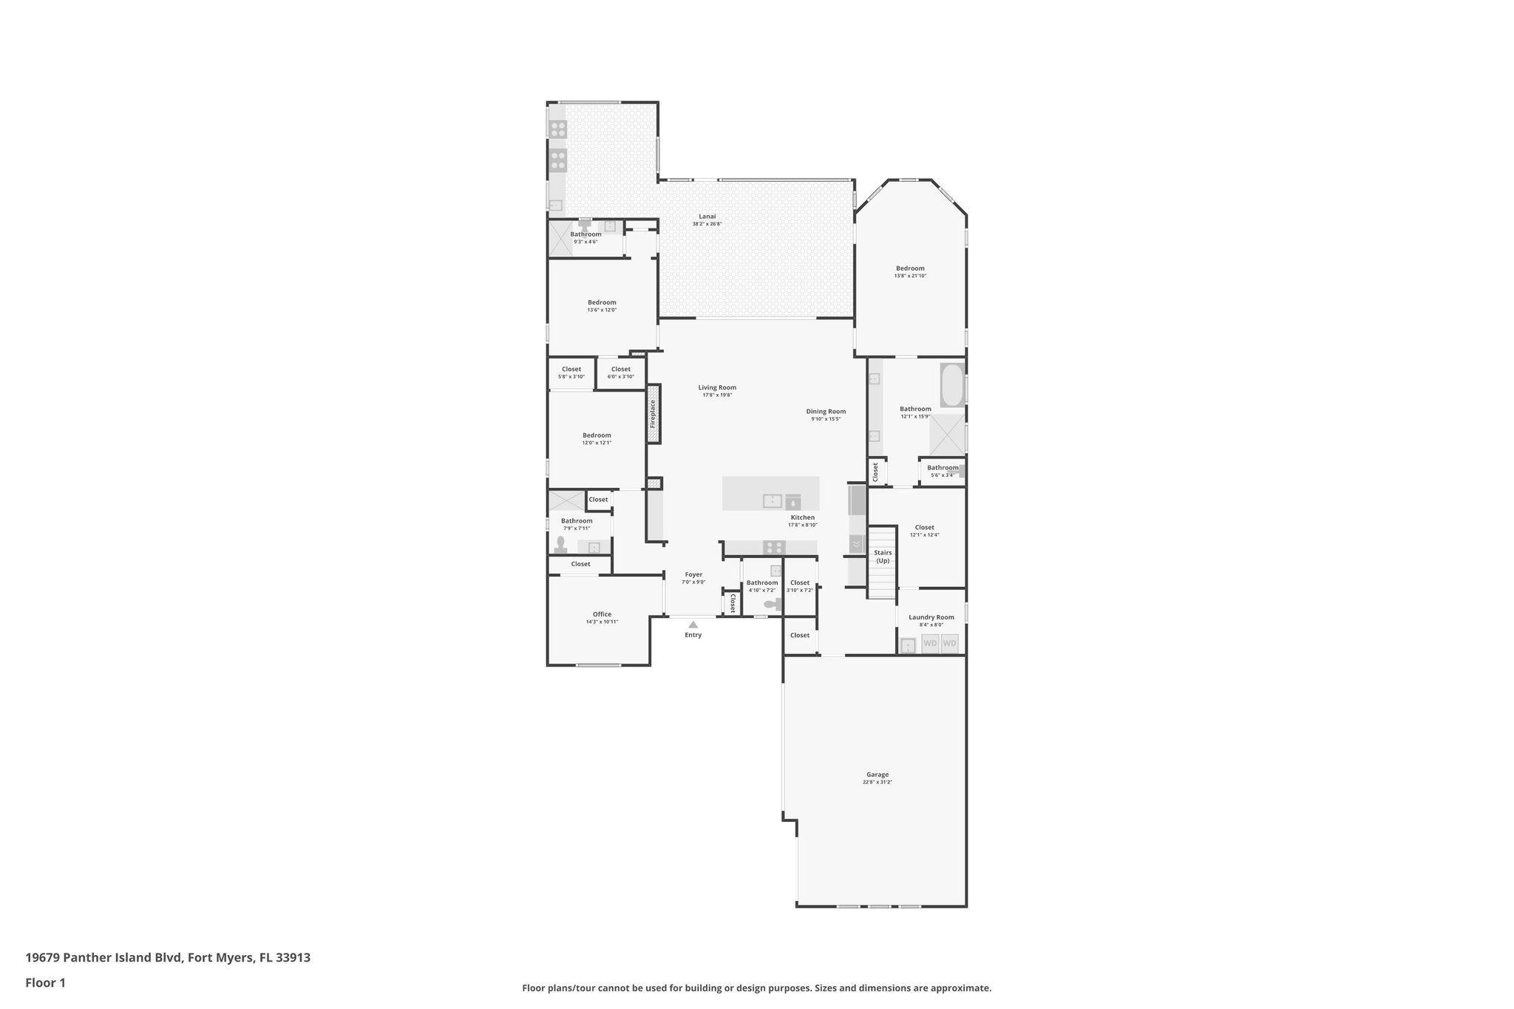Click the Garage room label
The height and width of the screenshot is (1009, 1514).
coord(877,775)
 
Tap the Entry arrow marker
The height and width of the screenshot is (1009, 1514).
coord(693,625)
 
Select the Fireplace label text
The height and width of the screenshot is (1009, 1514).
coord(653,414)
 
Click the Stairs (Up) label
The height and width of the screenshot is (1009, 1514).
coord(883,557)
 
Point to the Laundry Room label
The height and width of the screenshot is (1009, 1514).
coord(931,617)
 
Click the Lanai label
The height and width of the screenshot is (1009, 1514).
coord(707,217)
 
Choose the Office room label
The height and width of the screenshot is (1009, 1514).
coord(602,614)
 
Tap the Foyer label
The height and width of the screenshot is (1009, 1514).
coord(693,574)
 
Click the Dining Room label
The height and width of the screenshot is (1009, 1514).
coord(826,412)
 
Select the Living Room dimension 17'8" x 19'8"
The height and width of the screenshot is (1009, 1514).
coord(717,395)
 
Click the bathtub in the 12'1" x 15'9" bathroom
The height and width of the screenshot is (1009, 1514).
coord(952,384)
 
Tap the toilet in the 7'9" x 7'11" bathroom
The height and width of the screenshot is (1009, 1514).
coord(560,546)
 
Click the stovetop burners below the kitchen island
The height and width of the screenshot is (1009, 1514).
coord(774,548)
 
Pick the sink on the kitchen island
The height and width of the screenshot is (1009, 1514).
coord(772,500)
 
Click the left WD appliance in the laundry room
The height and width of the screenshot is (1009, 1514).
coord(930,643)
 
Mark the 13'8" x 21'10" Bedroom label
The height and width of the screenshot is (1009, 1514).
coord(910,268)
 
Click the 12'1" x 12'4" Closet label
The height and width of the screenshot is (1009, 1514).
coord(924,528)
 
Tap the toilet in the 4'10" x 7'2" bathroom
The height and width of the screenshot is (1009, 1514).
coord(772,605)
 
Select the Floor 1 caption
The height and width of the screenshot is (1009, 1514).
coord(46,983)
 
